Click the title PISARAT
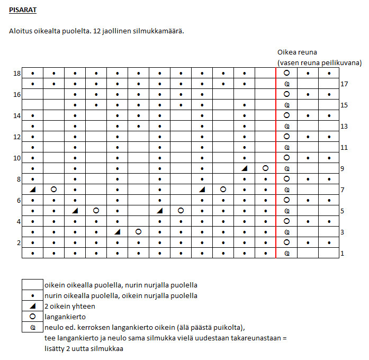(x=23, y=10)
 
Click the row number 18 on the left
(x=17, y=74)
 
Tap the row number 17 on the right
(x=344, y=84)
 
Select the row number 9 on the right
(x=342, y=169)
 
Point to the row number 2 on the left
(x=19, y=243)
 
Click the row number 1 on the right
(x=342, y=254)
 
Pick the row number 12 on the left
(x=17, y=137)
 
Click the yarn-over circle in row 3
(x=138, y=232)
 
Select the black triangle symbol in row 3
(x=118, y=232)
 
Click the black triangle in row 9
(x=245, y=168)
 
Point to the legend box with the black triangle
(x=32, y=307)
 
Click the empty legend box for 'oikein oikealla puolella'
(x=32, y=285)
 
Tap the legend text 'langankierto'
(x=65, y=317)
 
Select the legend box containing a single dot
(x=32, y=296)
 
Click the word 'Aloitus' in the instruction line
(x=20, y=31)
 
